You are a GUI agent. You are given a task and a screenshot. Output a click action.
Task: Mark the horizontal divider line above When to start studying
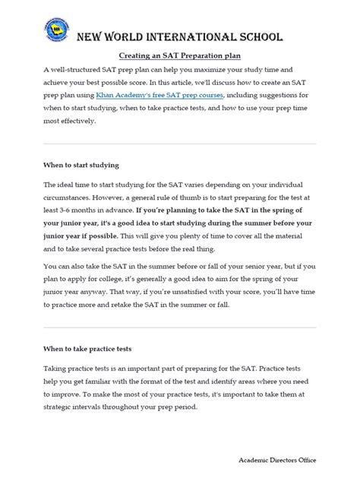pos(179,144)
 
